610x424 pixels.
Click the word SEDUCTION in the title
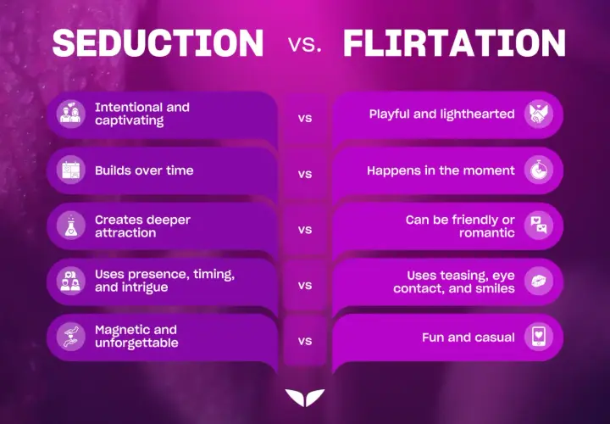click(x=158, y=43)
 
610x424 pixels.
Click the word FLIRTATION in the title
click(x=454, y=43)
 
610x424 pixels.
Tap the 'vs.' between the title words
click(x=305, y=45)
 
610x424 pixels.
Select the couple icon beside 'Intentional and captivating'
click(x=71, y=114)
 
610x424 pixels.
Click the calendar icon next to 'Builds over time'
click(x=71, y=170)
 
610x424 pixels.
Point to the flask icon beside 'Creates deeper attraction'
click(x=71, y=226)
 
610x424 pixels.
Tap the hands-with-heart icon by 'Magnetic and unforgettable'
click(x=71, y=337)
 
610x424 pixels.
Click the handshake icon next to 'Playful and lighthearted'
click(x=539, y=114)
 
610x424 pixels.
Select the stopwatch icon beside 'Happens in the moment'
click(x=539, y=170)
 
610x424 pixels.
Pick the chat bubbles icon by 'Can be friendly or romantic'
click(x=539, y=226)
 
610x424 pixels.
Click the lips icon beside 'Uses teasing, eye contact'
click(x=539, y=281)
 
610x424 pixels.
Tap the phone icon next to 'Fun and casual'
click(x=539, y=337)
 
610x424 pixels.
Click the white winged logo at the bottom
click(x=305, y=398)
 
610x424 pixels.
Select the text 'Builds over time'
click(x=144, y=170)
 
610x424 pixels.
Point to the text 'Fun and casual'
click(x=469, y=338)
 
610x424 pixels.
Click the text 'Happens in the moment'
click(x=441, y=170)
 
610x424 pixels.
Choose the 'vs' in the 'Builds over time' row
click(x=305, y=174)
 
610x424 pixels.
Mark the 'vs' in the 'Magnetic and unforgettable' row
click(x=305, y=341)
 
